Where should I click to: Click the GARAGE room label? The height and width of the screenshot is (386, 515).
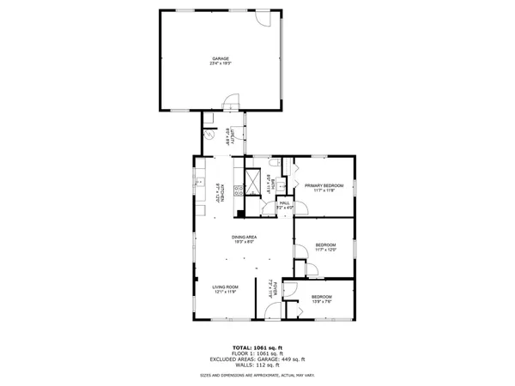[x=221, y=60]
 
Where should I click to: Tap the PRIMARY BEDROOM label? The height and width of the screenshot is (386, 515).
[x=324, y=187]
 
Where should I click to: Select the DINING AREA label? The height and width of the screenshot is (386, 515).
[x=245, y=238]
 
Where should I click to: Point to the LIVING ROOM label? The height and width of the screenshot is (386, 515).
[x=226, y=288]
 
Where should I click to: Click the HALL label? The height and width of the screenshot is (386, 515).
[x=284, y=204]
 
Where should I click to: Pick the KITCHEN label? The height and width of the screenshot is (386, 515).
[x=221, y=193]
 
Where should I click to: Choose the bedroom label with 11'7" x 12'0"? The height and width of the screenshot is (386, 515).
[x=324, y=247]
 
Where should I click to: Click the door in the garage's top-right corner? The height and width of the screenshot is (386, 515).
[x=269, y=18]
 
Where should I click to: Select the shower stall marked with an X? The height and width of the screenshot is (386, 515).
[x=254, y=181]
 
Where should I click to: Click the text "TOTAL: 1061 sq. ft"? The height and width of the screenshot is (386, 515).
[x=257, y=347]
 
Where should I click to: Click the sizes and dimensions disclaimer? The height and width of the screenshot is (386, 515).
[x=257, y=374]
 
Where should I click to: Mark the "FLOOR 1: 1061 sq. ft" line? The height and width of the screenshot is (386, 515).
[x=257, y=353]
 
